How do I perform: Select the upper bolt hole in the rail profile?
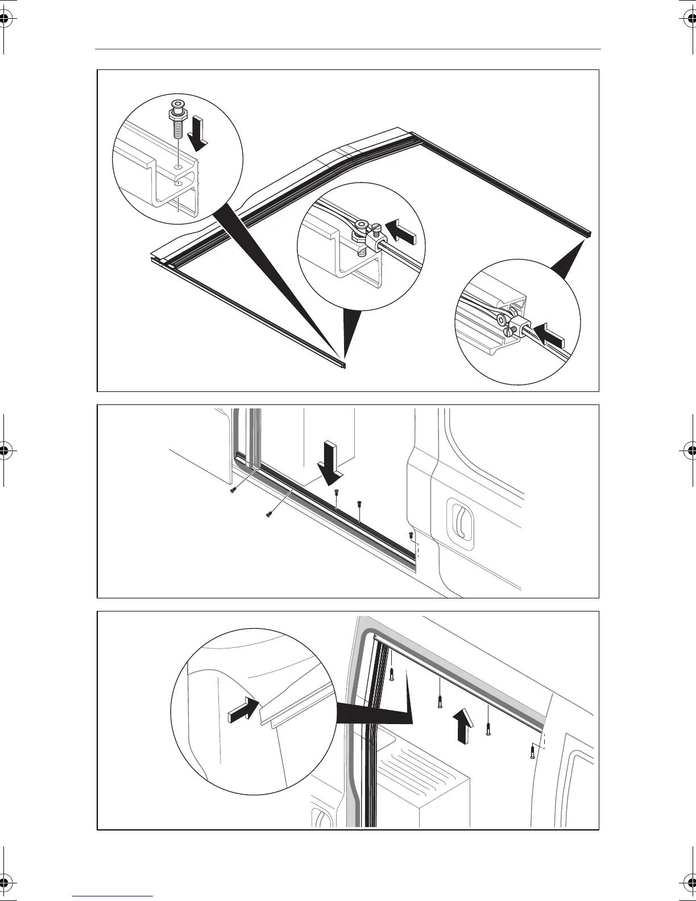point(179,168)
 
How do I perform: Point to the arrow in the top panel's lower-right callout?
point(548,335)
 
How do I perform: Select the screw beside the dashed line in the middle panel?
point(411,535)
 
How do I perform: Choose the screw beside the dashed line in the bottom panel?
point(531,753)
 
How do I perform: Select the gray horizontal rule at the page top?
point(347,49)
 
